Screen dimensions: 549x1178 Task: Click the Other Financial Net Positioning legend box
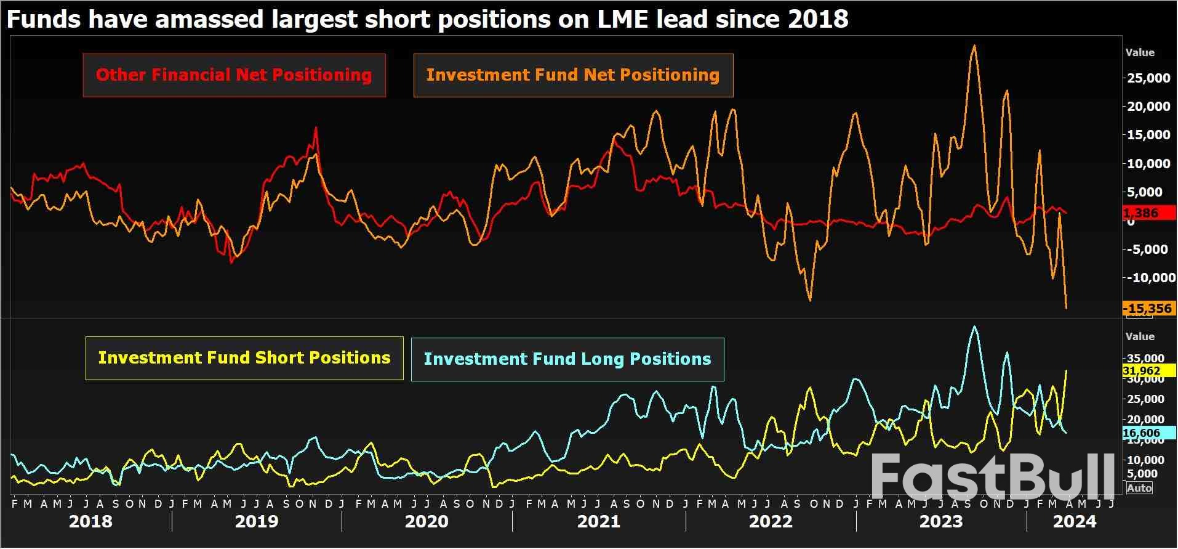coord(234,75)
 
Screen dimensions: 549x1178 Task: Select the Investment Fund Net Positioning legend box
coord(572,75)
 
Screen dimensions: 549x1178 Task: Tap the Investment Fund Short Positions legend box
coord(244,358)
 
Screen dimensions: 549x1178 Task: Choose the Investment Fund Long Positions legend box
coord(567,359)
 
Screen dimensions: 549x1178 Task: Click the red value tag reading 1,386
coord(1148,213)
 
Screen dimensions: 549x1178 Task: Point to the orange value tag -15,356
coord(1148,308)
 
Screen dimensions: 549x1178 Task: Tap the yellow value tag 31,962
coord(1142,371)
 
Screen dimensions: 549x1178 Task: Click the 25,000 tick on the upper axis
coord(1148,78)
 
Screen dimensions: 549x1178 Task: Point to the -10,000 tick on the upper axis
coord(1148,278)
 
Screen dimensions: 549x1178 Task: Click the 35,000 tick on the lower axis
coord(1145,359)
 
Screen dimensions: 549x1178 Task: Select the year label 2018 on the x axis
coord(90,522)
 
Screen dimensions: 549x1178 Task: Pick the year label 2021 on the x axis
coord(598,522)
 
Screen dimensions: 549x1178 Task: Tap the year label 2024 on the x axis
coord(1075,522)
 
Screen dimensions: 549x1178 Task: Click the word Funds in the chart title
coord(42,19)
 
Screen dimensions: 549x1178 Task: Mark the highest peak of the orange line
coord(974,46)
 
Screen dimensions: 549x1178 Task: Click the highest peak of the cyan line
coord(974,327)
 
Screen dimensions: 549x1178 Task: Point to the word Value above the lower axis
coord(1140,336)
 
